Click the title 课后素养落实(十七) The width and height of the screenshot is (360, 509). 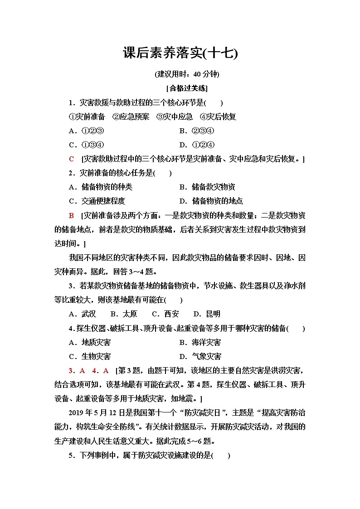click(180, 54)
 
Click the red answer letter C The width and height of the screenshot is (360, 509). click(71, 159)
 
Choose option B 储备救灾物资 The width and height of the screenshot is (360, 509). click(207, 187)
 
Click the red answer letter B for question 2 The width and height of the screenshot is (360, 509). click(71, 215)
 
